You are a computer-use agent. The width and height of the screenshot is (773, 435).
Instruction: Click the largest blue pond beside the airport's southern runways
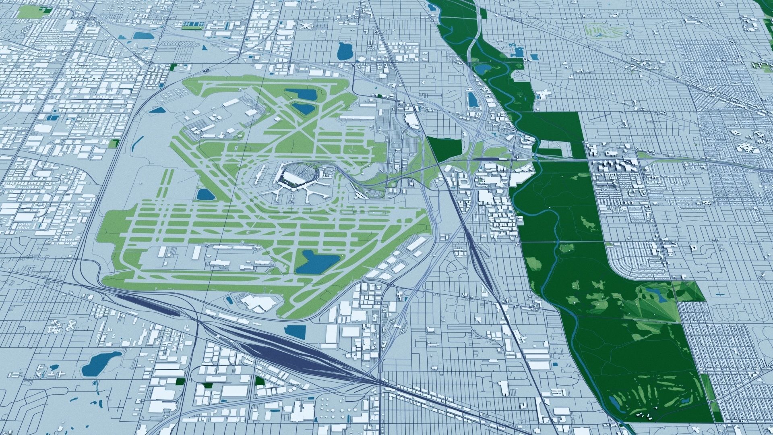pyautogui.click(x=316, y=261)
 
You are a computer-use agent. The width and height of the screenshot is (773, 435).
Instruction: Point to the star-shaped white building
pyautogui.click(x=306, y=26)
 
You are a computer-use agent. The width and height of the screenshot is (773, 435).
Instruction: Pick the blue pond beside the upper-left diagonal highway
pyautogui.click(x=143, y=35)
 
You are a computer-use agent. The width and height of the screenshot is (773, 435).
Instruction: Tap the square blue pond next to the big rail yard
pyautogui.click(x=295, y=331)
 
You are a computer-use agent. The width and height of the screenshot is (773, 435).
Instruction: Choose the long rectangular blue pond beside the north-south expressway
pyautogui.click(x=472, y=99)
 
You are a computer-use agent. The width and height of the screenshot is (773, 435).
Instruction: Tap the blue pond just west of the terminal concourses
pyautogui.click(x=206, y=195)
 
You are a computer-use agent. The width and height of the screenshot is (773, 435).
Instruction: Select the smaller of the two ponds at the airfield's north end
pyautogui.click(x=303, y=108)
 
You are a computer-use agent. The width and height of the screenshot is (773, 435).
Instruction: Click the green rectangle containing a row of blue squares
pyautogui.click(x=193, y=25)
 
